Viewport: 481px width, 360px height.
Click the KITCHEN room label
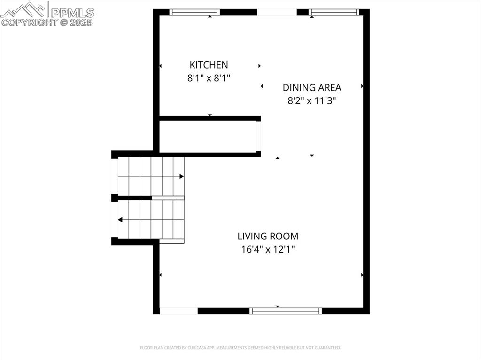[209, 65]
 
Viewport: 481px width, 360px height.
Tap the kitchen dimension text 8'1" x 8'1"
[209, 78]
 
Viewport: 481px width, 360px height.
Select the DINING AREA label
[312, 87]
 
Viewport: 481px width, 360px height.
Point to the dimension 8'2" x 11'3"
[312, 100]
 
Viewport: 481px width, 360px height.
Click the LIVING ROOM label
[268, 237]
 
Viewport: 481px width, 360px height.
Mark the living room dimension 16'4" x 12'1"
[268, 250]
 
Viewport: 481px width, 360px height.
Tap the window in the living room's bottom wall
[286, 311]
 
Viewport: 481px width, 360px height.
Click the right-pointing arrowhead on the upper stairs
[181, 176]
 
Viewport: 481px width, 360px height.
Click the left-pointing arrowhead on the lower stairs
[120, 220]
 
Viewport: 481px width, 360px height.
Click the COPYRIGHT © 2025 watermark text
[47, 22]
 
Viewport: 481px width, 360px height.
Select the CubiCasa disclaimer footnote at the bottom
[240, 348]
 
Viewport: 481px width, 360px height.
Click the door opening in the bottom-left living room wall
[178, 311]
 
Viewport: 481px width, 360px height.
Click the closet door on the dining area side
[258, 136]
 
